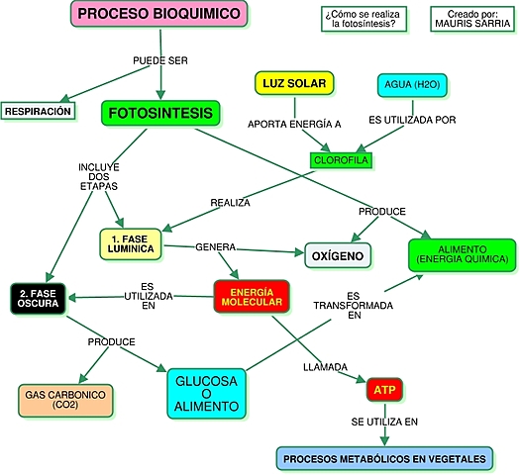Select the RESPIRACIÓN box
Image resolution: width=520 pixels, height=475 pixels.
tap(39, 111)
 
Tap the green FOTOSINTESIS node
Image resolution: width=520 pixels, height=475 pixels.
tap(158, 114)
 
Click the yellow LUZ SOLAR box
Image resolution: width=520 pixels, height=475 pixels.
tap(294, 83)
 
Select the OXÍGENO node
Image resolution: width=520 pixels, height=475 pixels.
tap(338, 256)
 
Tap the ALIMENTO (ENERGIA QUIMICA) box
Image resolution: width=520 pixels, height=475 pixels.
tap(463, 253)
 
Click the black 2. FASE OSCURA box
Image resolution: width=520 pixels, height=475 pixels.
tap(39, 297)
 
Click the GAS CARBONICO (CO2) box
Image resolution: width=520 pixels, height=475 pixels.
tap(67, 399)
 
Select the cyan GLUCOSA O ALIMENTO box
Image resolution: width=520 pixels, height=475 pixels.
tap(207, 394)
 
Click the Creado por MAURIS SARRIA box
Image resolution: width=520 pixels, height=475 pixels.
tap(472, 18)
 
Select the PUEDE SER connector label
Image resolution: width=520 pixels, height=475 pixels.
tap(160, 60)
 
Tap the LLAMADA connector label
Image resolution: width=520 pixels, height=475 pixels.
tap(324, 368)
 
